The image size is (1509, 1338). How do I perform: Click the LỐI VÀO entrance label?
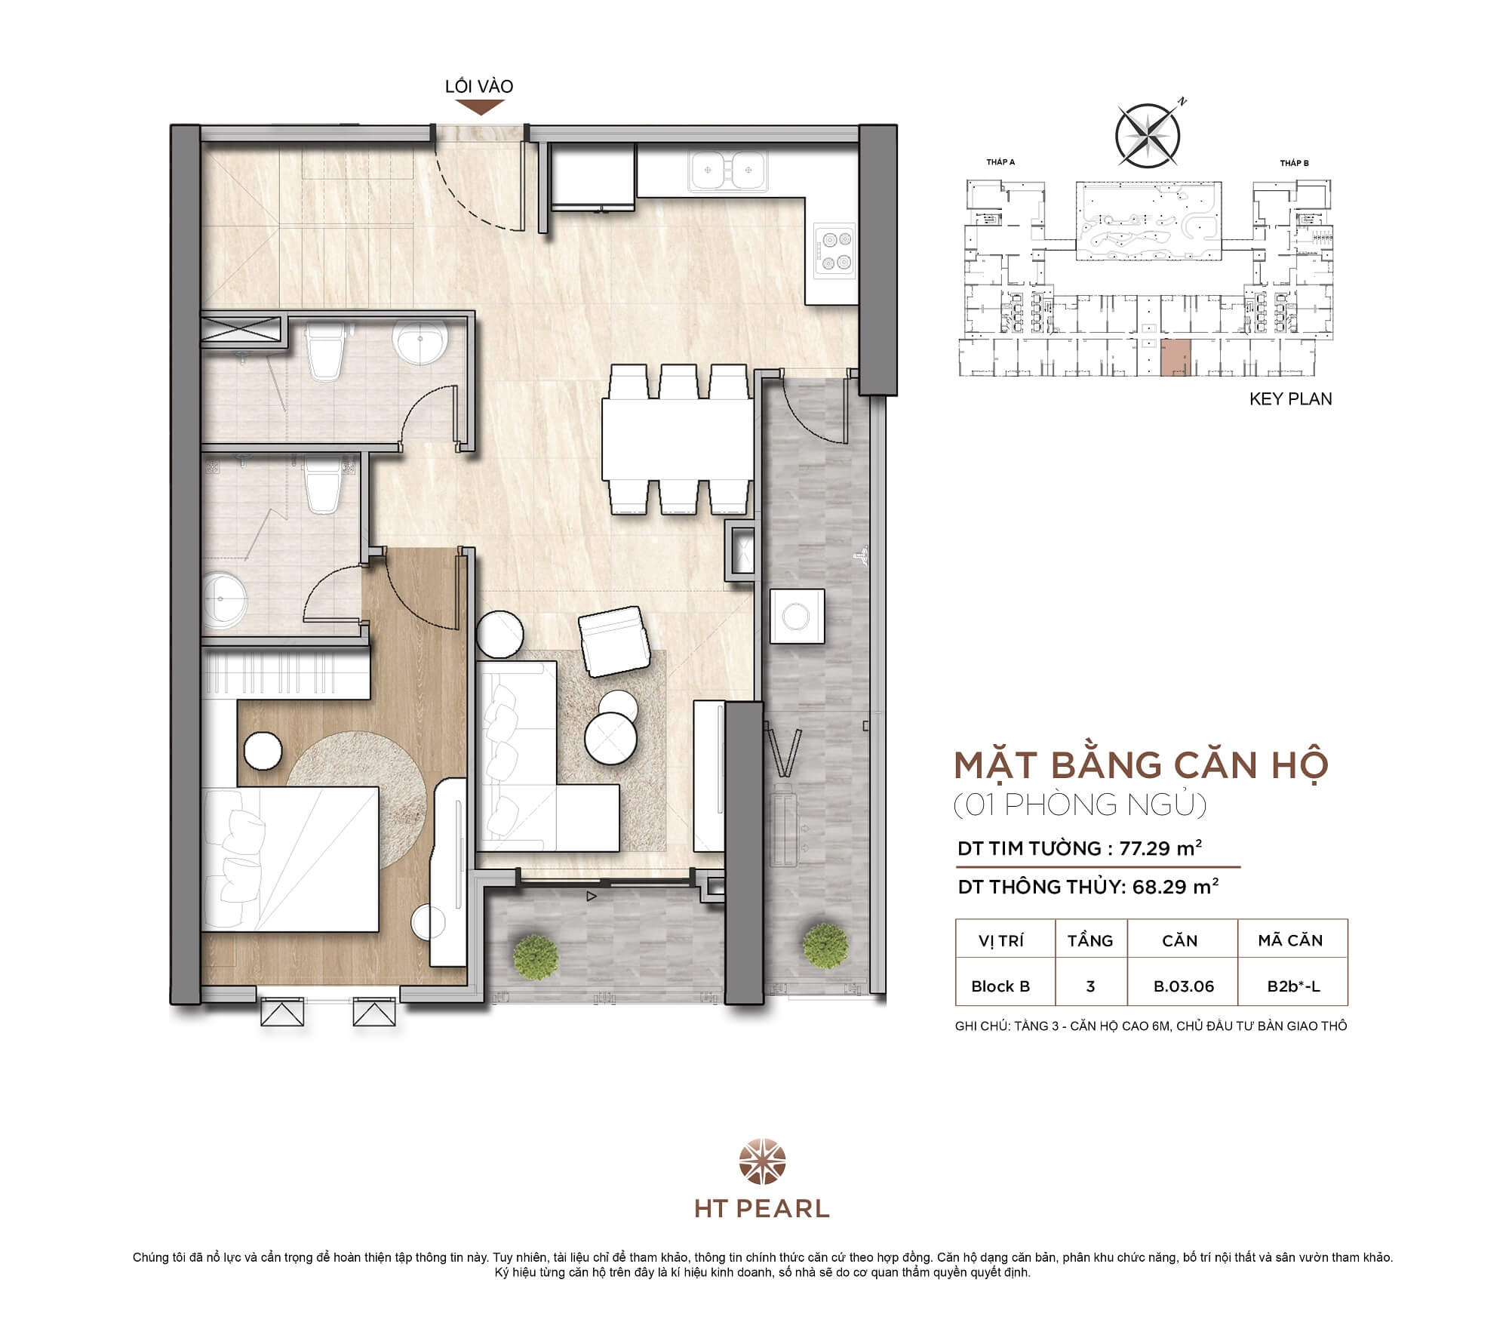click(x=478, y=86)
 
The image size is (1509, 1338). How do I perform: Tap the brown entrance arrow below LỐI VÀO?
click(x=478, y=107)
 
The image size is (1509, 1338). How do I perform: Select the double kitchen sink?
click(x=728, y=170)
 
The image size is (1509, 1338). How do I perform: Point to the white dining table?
click(x=677, y=439)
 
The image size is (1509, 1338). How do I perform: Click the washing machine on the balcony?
click(x=797, y=616)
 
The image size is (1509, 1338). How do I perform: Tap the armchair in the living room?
click(x=614, y=641)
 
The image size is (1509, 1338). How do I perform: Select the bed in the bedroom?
click(x=290, y=858)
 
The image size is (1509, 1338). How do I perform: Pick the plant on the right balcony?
click(x=822, y=943)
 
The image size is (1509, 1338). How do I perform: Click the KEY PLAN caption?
click(x=1290, y=399)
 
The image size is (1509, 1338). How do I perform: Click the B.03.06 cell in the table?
click(x=1183, y=986)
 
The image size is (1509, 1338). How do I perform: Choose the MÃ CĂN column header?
click(x=1290, y=940)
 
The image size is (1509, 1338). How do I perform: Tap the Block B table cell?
click(x=1000, y=986)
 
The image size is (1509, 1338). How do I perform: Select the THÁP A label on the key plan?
click(x=1000, y=162)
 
